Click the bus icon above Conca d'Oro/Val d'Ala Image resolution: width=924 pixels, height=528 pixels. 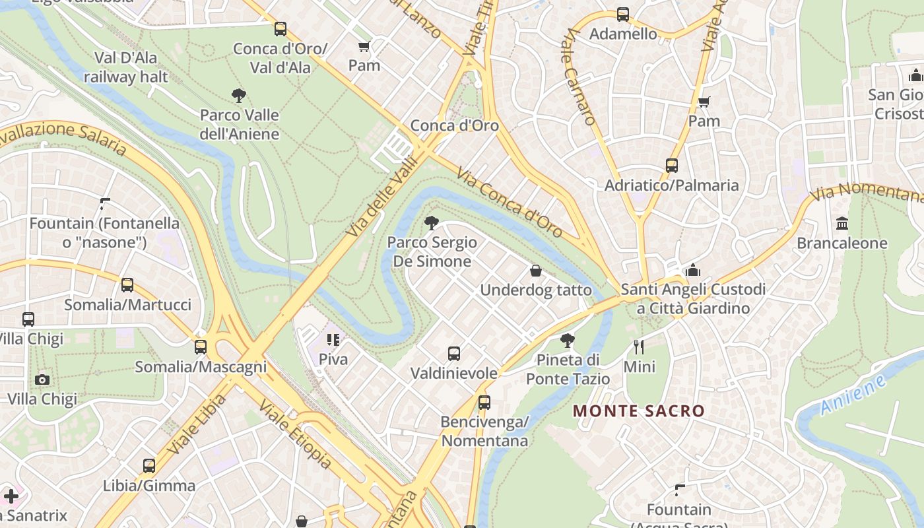pos(280,28)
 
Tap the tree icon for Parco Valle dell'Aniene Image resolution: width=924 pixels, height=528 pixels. pos(239,96)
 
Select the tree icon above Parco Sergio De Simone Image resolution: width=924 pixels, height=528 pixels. pos(432,222)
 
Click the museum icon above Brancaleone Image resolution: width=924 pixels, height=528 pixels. pos(842,224)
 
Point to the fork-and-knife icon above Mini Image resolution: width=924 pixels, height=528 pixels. pos(638,346)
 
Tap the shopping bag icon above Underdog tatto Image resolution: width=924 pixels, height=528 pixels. pos(536,271)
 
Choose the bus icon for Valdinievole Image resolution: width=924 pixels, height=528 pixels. pos(454,353)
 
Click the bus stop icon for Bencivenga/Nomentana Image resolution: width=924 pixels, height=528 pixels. pos(484,402)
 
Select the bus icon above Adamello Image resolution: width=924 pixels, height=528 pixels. pos(622,14)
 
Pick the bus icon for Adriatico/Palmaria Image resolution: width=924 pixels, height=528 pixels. pos(672,166)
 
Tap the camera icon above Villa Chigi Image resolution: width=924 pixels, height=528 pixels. pos(42,379)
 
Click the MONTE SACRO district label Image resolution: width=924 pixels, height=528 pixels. pos(638,411)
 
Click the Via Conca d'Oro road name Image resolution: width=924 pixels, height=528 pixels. pos(509,202)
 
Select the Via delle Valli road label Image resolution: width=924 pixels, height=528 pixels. pos(382,196)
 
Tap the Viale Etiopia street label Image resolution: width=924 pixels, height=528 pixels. pos(294,434)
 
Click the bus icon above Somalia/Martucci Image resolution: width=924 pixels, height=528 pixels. pos(127,285)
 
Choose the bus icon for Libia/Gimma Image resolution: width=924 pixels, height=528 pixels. pos(149,466)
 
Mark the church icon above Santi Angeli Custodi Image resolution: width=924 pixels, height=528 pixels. pos(693,270)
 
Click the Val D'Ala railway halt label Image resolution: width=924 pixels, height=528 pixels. pos(125,67)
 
